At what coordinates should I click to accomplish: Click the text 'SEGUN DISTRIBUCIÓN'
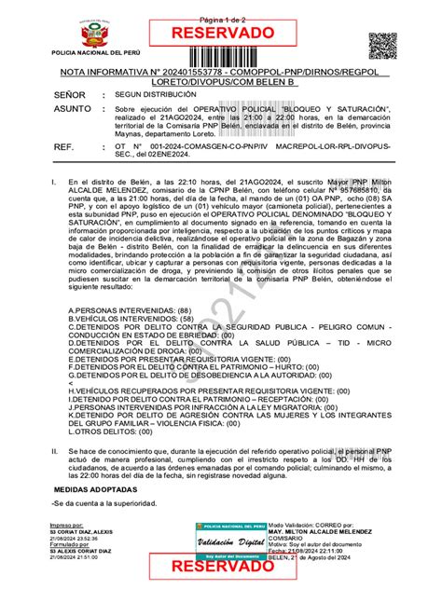coord(156,95)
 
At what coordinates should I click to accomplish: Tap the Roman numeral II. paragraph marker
coord(55,450)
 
